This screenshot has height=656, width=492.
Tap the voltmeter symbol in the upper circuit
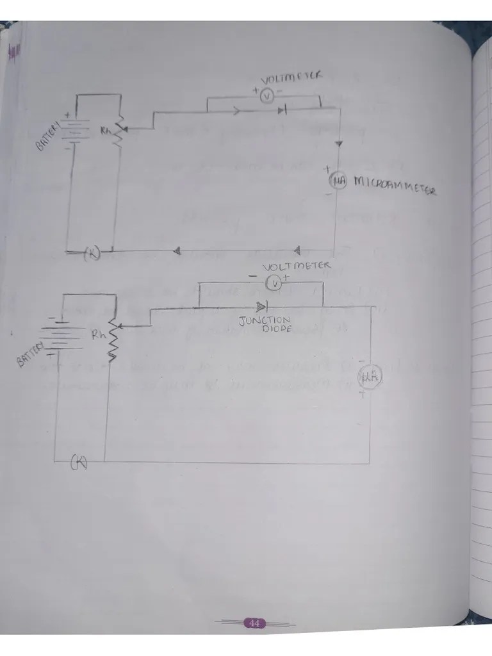pos(268,95)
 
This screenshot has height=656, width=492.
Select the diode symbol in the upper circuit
pos(282,111)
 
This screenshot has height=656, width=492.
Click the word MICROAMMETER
pos(395,187)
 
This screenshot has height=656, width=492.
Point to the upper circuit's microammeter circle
pos(338,182)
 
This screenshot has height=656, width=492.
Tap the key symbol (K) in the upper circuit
pos(92,253)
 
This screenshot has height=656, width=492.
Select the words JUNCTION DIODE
pos(265,324)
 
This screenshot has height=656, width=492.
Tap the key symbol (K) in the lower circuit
pos(79,461)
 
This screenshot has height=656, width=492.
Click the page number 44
pos(254,623)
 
